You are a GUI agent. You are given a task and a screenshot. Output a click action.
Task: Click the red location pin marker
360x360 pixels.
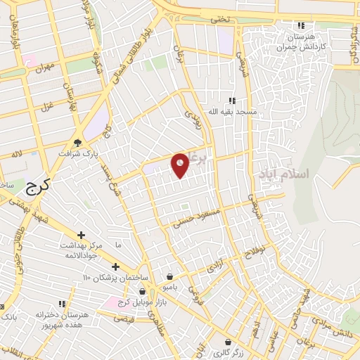pyautogui.click(x=181, y=165)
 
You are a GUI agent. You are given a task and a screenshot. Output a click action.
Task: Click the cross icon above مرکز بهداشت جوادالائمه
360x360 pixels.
pyautogui.click(x=82, y=235)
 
